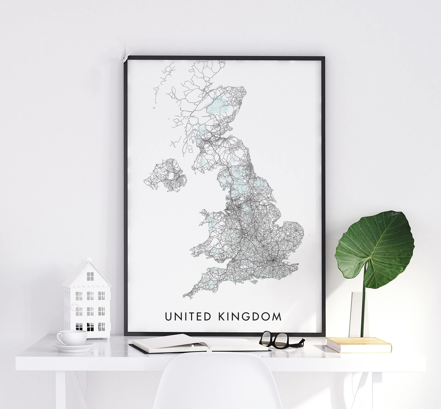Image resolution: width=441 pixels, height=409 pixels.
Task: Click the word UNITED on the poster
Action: (188, 317)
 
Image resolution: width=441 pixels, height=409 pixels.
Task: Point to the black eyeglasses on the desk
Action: (280, 340)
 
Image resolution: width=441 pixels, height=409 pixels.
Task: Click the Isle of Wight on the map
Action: (253, 282)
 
